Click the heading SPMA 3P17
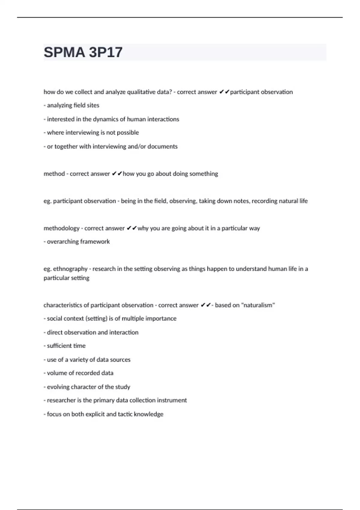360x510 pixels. pos(83,52)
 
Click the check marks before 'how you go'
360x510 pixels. pos(117,174)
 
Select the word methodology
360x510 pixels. pos(61,228)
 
